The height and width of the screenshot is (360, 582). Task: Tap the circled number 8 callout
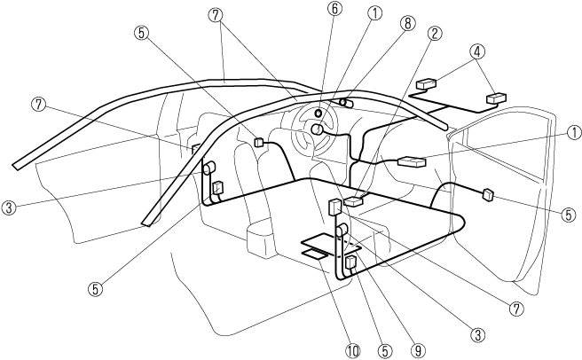point(408,24)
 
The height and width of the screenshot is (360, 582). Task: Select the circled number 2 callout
point(434,34)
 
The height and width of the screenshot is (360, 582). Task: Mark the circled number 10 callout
point(354,351)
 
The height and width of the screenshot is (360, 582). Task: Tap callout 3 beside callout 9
point(478,334)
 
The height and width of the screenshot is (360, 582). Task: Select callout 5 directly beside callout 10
point(383,351)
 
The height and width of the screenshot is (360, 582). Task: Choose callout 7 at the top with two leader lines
point(214,15)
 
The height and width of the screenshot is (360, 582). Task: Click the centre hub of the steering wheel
point(316,129)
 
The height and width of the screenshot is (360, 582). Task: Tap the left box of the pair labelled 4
point(426,85)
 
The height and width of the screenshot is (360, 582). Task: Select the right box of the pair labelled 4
point(494,98)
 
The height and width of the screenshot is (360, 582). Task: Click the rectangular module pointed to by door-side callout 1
point(413,162)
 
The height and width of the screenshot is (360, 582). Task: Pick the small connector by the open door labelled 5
point(487,195)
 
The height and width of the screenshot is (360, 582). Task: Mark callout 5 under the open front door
point(568,214)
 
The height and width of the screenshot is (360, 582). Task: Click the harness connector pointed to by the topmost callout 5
point(260,141)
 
